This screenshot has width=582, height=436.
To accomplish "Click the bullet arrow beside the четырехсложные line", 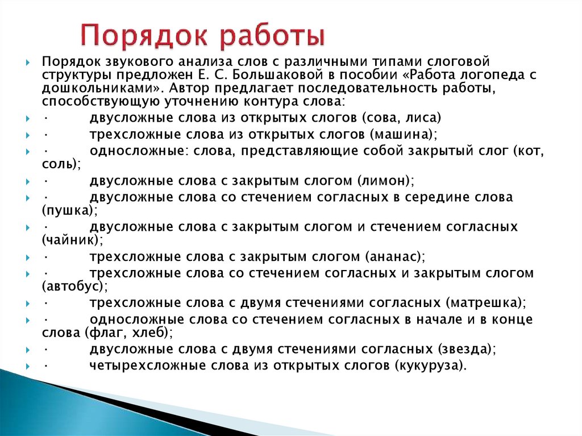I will (28, 367).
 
